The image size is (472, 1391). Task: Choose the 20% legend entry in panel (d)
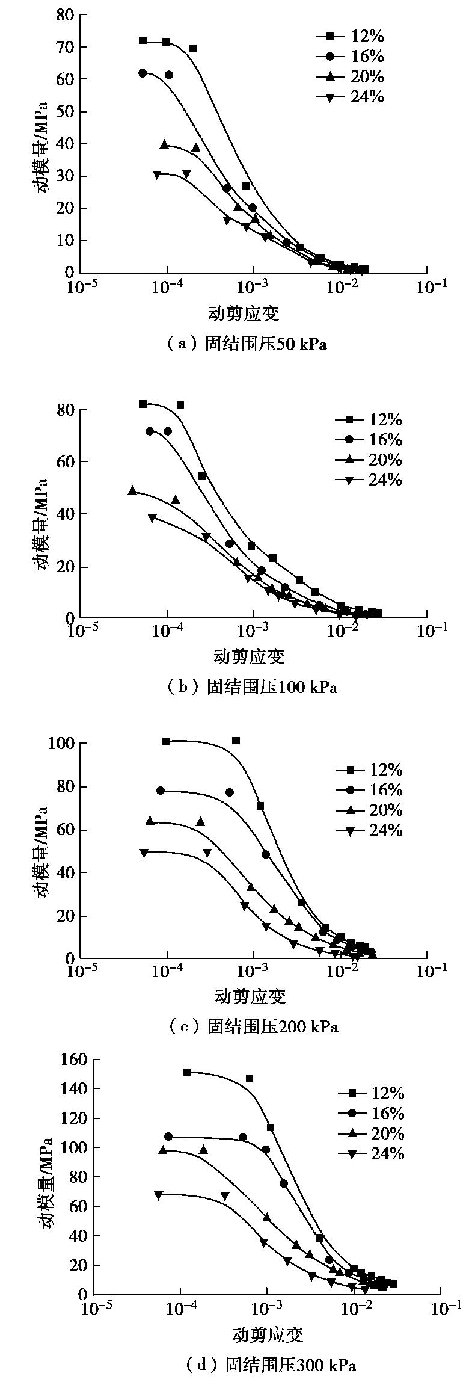pos(373,1133)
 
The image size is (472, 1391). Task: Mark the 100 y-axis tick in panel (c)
pos(61,743)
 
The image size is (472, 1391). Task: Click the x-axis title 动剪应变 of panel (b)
pos(249,656)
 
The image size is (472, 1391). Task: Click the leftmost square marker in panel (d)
pos(187,1072)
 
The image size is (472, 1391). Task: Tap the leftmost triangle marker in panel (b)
pos(133,490)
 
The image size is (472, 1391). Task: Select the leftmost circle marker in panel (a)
pos(143,73)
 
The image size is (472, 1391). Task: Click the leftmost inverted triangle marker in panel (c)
pos(144,853)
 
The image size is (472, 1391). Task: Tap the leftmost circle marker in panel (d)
pos(168,1137)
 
